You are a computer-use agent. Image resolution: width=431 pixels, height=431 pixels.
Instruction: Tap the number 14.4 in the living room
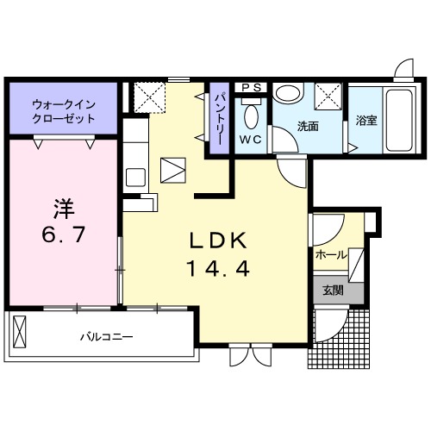216,269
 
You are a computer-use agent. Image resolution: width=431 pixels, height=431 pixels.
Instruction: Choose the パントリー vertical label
219,119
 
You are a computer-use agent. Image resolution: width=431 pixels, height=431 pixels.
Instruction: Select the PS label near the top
252,87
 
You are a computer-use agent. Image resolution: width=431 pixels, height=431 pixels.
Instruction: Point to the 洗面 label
308,127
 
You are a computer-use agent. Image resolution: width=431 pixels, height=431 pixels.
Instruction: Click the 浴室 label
365,122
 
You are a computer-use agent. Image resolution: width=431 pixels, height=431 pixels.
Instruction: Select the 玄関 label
333,290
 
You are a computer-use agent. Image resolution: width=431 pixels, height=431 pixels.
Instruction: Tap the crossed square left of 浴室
328,94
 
